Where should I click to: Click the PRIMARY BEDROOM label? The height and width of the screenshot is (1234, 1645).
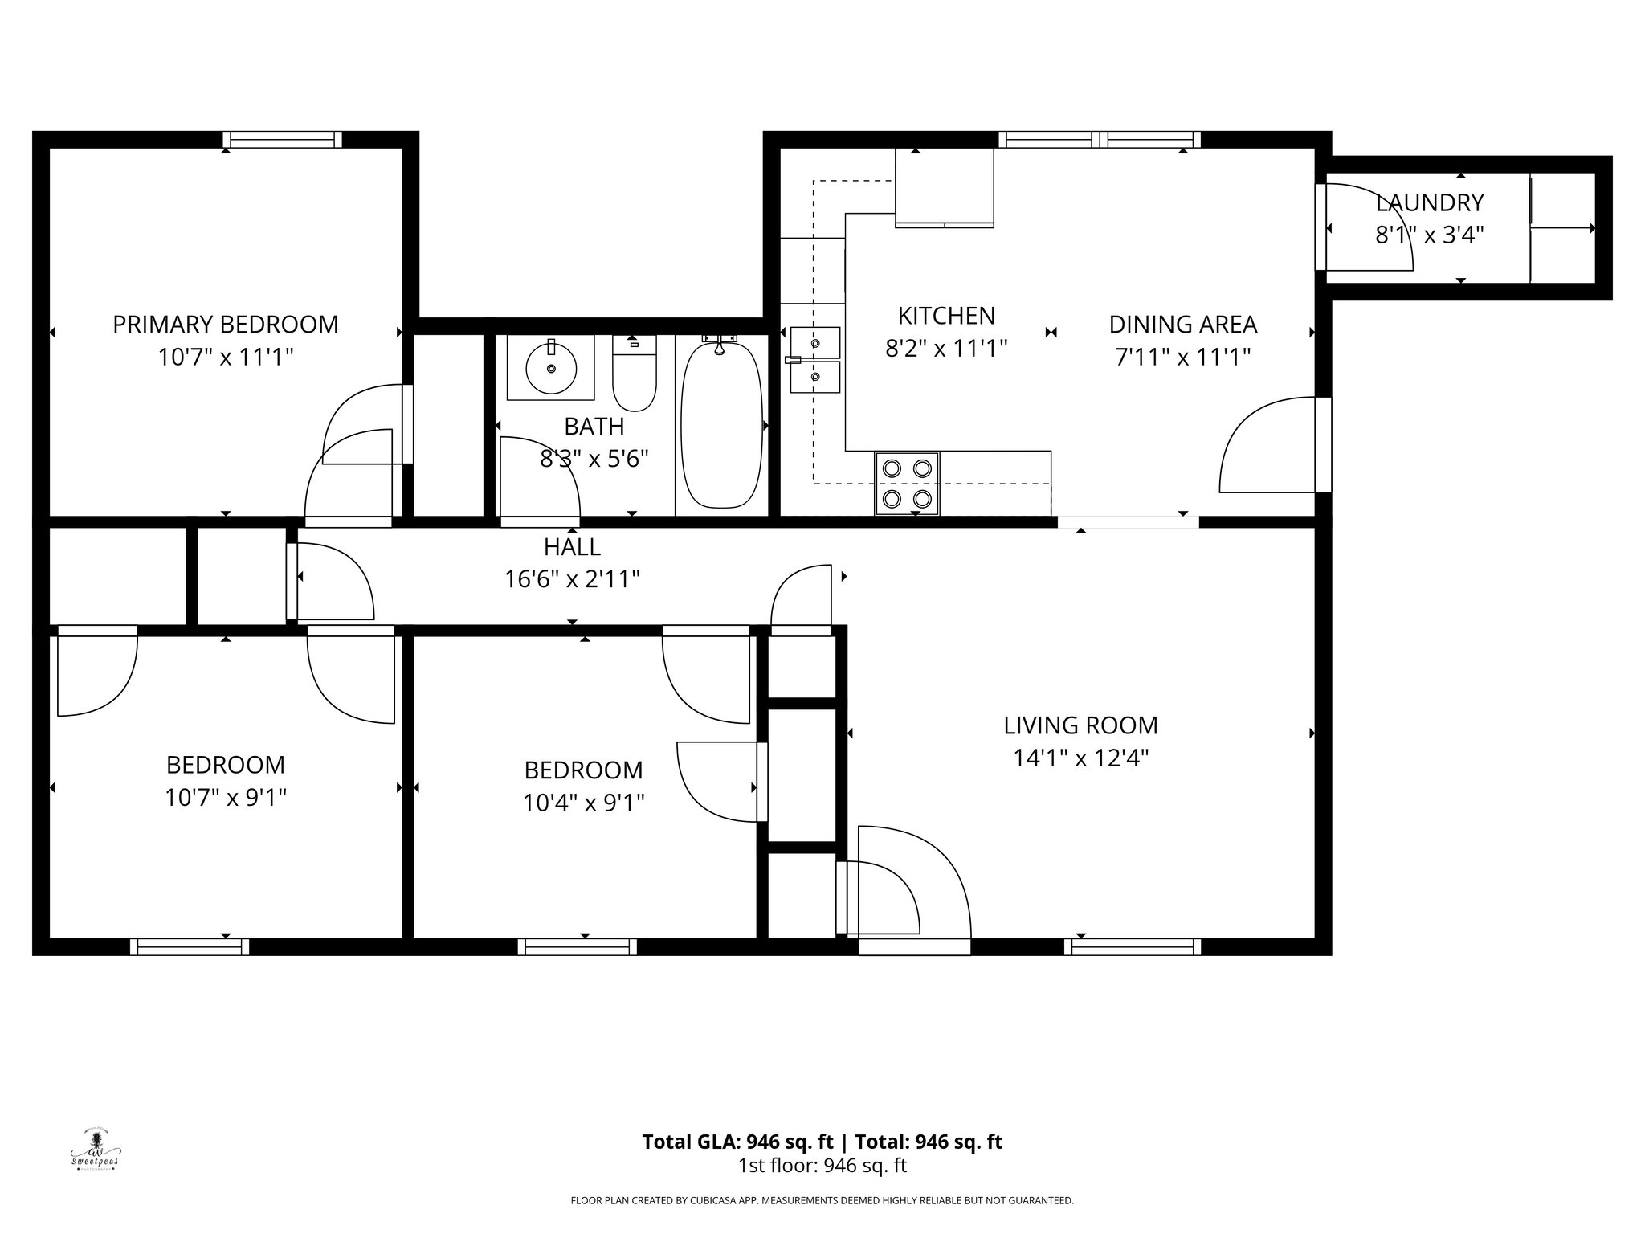point(225,325)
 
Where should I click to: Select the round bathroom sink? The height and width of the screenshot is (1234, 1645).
point(551,369)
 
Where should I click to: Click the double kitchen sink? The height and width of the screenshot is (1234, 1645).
point(814,360)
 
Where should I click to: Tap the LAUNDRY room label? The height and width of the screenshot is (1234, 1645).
point(1430,202)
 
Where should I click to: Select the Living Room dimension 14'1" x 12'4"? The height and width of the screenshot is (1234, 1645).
point(1080,758)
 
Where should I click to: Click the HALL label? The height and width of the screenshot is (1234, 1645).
point(572,547)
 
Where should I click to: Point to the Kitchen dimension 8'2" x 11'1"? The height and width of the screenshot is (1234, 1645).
point(946,349)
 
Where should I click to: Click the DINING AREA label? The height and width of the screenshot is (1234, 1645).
point(1182,325)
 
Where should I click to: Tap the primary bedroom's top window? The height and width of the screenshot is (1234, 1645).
point(282,140)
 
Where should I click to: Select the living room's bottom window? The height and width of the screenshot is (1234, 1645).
point(1133,946)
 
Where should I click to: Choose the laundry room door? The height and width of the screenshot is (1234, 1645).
point(1365,229)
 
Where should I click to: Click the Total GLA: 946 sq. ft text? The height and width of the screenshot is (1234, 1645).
point(739,1142)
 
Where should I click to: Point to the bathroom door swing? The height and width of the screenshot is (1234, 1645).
point(538,478)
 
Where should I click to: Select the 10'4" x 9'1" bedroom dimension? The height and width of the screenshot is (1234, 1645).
point(583,803)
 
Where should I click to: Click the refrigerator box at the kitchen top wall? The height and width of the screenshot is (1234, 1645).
point(945,186)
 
